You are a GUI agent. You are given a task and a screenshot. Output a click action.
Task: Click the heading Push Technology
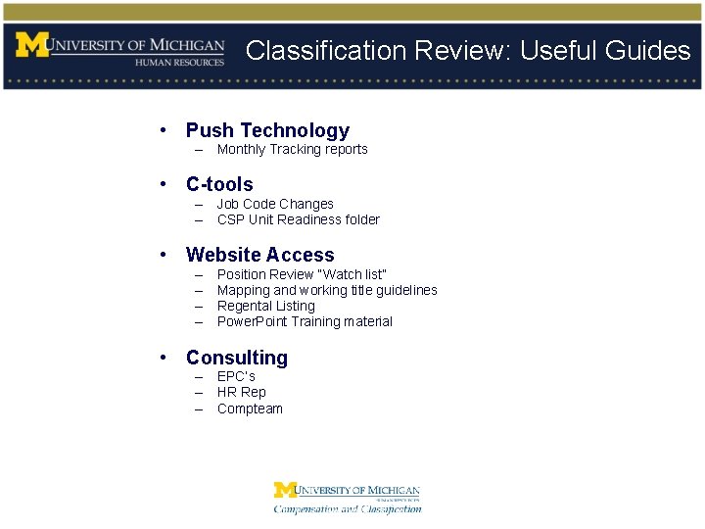click(267, 130)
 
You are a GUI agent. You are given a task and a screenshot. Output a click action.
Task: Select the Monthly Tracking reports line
click(292, 150)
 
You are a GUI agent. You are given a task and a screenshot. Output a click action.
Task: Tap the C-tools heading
click(219, 184)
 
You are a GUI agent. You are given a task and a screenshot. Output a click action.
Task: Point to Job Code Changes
click(275, 205)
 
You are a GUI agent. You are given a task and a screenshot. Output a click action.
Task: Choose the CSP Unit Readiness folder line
click(298, 220)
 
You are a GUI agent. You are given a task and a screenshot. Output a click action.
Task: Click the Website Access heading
click(259, 255)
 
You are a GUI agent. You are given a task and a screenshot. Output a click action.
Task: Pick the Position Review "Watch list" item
click(302, 275)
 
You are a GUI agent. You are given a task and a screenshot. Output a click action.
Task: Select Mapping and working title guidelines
click(327, 291)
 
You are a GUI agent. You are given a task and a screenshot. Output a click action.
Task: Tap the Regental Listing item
click(266, 307)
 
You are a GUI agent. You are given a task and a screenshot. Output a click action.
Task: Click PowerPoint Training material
click(305, 322)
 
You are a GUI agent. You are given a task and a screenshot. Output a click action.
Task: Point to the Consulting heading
click(237, 358)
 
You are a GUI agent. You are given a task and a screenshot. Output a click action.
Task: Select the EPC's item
click(236, 377)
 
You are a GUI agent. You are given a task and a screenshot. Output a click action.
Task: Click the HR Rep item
click(241, 393)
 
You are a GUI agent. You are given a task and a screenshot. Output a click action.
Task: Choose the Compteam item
click(250, 409)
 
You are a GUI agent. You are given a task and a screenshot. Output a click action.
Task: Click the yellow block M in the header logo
click(31, 45)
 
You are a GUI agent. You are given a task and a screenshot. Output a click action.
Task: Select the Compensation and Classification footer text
click(348, 508)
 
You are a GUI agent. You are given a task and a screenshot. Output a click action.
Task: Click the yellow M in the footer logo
click(284, 490)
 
